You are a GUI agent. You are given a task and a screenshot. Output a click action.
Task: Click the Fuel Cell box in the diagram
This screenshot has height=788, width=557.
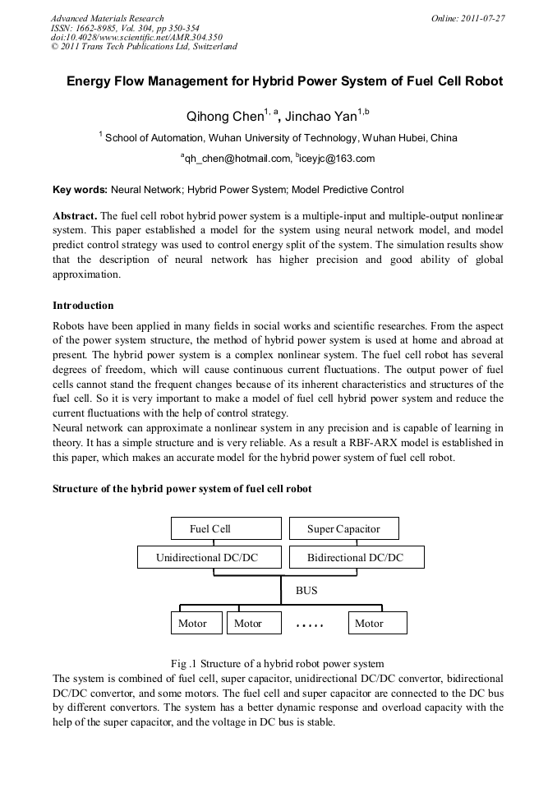pos(210,528)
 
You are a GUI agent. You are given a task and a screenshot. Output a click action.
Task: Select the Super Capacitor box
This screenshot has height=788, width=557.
pos(343,528)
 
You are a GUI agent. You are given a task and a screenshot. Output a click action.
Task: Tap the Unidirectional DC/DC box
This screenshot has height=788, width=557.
pos(207,558)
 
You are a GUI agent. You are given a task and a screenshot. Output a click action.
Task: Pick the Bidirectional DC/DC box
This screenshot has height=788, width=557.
pos(356,558)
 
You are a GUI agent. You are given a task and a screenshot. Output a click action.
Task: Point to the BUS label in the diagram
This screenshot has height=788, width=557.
pos(306,590)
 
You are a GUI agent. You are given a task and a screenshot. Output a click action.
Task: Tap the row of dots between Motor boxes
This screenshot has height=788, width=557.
pos(310,625)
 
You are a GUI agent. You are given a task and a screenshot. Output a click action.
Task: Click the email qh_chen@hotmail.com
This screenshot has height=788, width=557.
pos(236,159)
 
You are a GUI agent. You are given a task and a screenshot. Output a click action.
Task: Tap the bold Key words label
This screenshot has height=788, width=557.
pos(79,190)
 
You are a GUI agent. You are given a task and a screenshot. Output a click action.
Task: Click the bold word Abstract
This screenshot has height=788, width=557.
pos(75,215)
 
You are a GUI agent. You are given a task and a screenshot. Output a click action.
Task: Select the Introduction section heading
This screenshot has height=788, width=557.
pos(83,306)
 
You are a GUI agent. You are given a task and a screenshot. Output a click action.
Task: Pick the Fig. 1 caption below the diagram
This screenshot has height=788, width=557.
pos(277,663)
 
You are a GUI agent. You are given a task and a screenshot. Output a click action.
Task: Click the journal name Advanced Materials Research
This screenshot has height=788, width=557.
pos(107,18)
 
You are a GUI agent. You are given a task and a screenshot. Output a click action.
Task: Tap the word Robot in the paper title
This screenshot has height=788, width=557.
pos(481,82)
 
